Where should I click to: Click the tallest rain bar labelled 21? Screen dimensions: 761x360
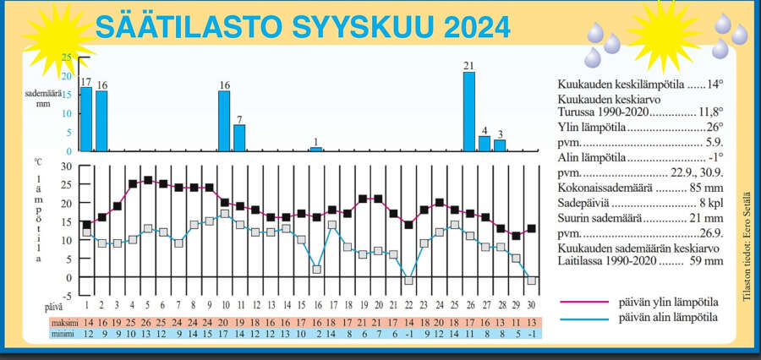click(x=468, y=112)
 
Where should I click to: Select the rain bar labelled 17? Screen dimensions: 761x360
click(x=86, y=119)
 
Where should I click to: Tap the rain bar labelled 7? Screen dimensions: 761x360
click(x=239, y=138)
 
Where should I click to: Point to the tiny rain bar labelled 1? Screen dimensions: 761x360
click(x=316, y=150)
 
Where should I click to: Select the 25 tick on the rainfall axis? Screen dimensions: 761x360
click(x=67, y=57)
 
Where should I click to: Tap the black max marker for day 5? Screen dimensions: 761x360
click(x=148, y=181)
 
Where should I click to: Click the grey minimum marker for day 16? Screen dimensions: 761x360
click(x=316, y=270)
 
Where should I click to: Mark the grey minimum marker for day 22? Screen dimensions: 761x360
click(x=408, y=281)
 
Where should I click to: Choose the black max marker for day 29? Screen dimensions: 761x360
click(x=516, y=236)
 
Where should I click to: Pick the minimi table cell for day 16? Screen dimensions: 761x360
click(x=319, y=334)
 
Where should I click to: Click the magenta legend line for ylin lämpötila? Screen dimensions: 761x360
click(x=583, y=302)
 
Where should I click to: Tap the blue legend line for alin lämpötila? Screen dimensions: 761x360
click(x=583, y=319)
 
